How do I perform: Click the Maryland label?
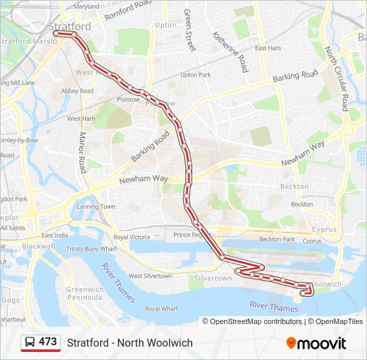(x=86, y=6)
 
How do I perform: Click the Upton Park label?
(x=196, y=75)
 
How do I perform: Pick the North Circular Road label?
(x=336, y=78)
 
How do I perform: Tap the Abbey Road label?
(x=77, y=91)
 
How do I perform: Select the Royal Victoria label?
(x=131, y=237)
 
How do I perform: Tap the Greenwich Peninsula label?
(x=85, y=293)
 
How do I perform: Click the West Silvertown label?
(x=149, y=275)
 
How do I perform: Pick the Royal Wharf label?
(x=161, y=309)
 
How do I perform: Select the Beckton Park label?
(x=277, y=239)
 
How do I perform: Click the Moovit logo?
(x=316, y=343)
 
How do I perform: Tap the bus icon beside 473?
(x=30, y=343)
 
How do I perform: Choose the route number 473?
(x=48, y=342)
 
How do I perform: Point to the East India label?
(x=55, y=235)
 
